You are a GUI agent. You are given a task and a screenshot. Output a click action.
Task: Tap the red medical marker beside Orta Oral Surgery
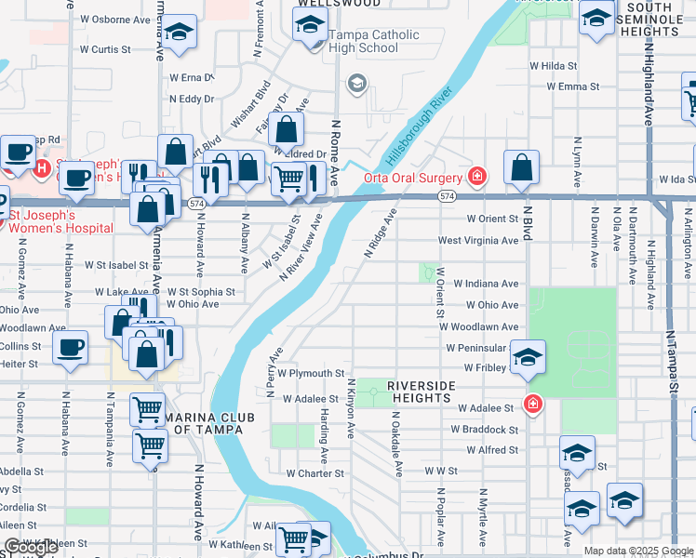point(477,175)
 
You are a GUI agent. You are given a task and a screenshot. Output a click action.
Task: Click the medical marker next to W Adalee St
point(532,404)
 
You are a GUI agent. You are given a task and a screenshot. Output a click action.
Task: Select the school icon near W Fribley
point(528,359)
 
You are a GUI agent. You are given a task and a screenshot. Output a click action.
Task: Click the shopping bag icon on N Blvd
point(523,167)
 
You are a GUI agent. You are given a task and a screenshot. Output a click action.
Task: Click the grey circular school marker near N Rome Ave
point(356,85)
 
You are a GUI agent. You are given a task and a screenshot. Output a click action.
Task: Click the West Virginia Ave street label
point(478,240)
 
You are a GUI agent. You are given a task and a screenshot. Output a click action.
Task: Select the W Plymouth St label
point(312,373)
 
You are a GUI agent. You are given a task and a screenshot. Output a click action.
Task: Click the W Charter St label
point(315,472)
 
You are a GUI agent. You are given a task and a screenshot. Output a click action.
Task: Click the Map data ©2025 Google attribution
point(638,551)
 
